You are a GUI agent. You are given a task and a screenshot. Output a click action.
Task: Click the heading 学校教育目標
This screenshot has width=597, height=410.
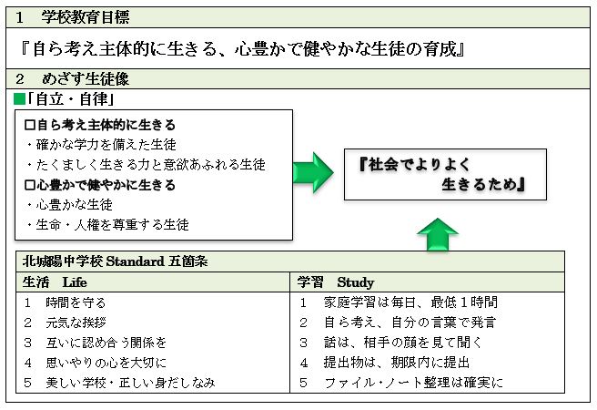[86, 17]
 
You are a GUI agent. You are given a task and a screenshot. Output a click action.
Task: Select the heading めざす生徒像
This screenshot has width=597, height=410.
[86, 79]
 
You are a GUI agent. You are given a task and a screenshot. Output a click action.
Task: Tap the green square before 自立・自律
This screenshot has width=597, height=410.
[19, 99]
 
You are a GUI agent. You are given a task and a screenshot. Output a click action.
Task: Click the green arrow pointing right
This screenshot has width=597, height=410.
[313, 172]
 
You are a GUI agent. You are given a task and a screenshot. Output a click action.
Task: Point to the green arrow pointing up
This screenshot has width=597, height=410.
[438, 234]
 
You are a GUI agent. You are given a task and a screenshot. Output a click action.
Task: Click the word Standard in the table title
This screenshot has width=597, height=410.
[136, 261]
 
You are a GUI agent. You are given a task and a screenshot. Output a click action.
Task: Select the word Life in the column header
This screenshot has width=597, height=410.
[75, 282]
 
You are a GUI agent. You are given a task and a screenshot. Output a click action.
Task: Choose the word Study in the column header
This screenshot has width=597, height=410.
[355, 282]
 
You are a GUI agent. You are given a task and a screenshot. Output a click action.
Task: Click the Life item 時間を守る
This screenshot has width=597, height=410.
[76, 302]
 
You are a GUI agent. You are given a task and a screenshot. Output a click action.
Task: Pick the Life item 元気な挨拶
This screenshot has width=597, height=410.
[76, 323]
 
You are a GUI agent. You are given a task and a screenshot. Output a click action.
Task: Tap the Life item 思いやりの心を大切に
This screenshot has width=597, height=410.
[106, 363]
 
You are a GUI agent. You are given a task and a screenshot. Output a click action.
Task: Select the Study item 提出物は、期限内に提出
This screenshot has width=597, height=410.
[397, 363]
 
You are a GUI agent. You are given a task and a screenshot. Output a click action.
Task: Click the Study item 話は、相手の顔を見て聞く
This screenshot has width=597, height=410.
[403, 343]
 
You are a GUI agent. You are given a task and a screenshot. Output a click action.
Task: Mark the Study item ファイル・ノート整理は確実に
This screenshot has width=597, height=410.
[413, 382]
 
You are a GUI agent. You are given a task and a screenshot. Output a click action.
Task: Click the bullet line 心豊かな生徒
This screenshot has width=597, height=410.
[75, 205]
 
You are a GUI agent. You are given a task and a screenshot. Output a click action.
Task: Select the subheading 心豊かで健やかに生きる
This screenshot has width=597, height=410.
[100, 185]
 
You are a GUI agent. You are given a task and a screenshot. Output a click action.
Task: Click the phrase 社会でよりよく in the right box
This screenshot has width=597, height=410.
[415, 164]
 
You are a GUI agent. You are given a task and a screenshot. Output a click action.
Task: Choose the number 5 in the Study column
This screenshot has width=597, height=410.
[303, 382]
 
